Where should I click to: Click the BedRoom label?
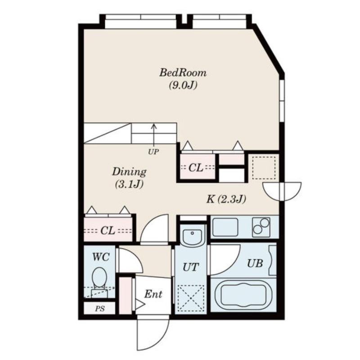coord(183,73)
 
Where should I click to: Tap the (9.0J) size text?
coord(183,85)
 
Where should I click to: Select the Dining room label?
coord(129,172)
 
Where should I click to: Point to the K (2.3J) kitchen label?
coord(226,199)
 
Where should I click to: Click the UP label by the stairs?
coord(153,152)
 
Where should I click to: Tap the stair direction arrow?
coord(153,135)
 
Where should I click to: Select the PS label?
coord(100,309)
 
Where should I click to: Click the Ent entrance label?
coord(153,294)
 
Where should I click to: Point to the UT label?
coord(190,267)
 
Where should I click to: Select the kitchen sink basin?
coord(225,228)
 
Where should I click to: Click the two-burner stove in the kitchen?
coord(261,227)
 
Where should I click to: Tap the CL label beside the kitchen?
coord(196,168)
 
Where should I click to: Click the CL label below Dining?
coord(108,230)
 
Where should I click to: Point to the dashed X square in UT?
coord(191,298)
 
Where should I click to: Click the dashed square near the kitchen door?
coord(264,168)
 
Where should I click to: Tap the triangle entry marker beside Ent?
coord(140,305)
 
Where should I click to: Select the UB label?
coord(255,263)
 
